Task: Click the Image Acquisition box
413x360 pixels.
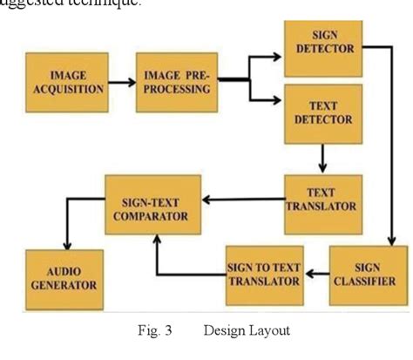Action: click(66, 81)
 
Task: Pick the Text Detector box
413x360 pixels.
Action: click(323, 113)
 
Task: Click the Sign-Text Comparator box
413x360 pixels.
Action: click(152, 203)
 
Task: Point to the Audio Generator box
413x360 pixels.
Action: click(64, 278)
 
